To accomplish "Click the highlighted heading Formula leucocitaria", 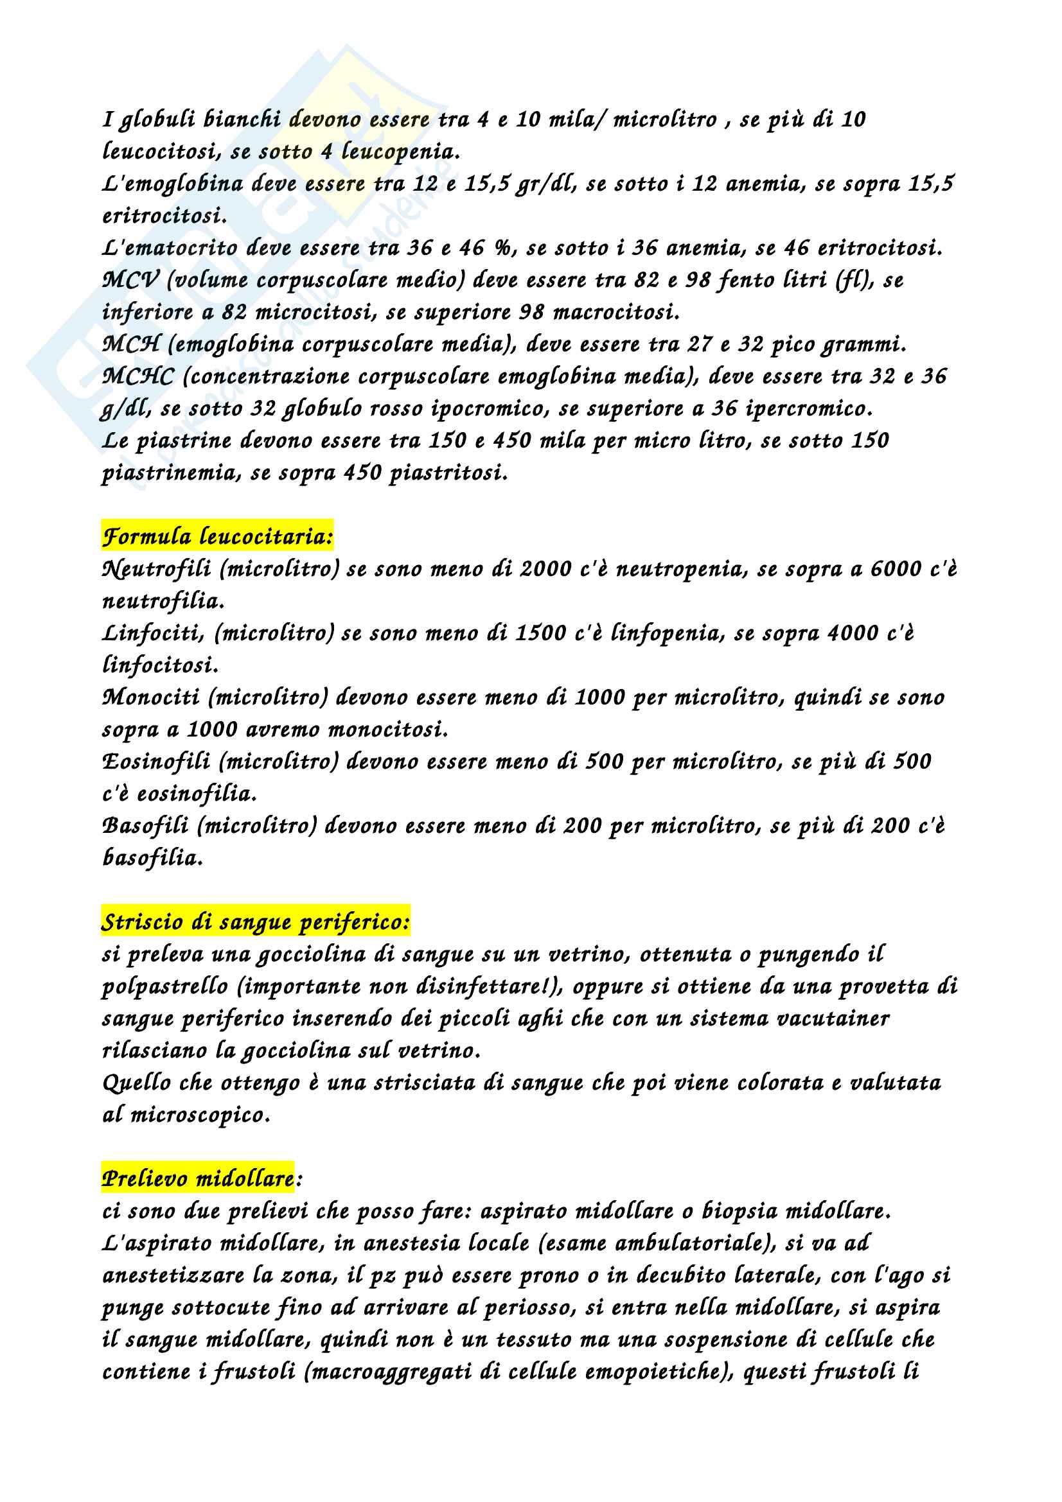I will click(x=217, y=537).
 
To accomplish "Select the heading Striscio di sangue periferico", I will click(x=255, y=921).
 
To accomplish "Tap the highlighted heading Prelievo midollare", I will click(x=198, y=1178).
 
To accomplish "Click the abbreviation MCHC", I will click(x=138, y=377).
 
